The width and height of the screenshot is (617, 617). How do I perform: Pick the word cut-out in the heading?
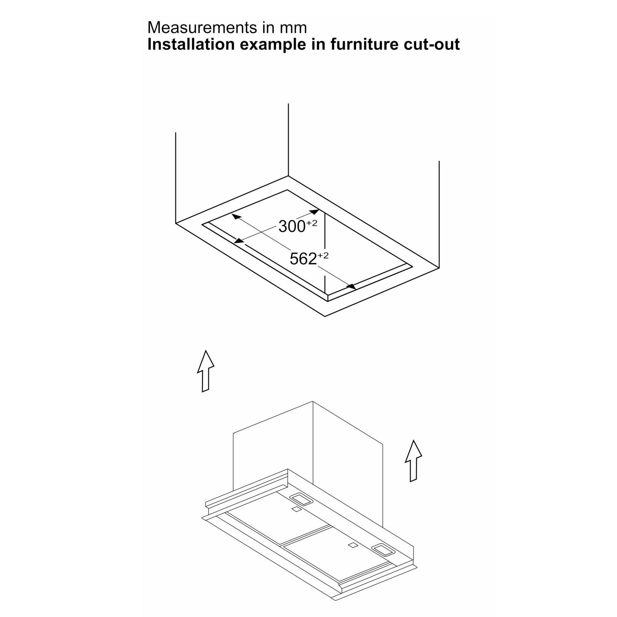pyautogui.click(x=432, y=45)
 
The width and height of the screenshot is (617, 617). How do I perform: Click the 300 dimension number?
pyautogui.click(x=292, y=227)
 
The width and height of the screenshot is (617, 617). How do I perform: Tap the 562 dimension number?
pyautogui.click(x=303, y=259)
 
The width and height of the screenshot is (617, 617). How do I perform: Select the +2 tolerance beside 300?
pyautogui.click(x=312, y=223)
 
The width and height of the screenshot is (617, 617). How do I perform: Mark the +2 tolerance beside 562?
pyautogui.click(x=323, y=255)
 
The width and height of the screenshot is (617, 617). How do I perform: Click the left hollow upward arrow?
pyautogui.click(x=205, y=371)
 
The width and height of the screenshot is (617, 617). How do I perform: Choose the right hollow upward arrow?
pyautogui.click(x=413, y=461)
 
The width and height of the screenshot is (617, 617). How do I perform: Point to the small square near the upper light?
pyautogui.click(x=296, y=510)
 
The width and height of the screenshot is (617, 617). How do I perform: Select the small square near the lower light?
pyautogui.click(x=353, y=555)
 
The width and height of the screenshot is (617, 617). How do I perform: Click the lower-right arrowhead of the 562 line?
pyautogui.click(x=351, y=287)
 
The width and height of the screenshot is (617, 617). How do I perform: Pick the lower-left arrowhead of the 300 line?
pyautogui.click(x=240, y=241)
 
